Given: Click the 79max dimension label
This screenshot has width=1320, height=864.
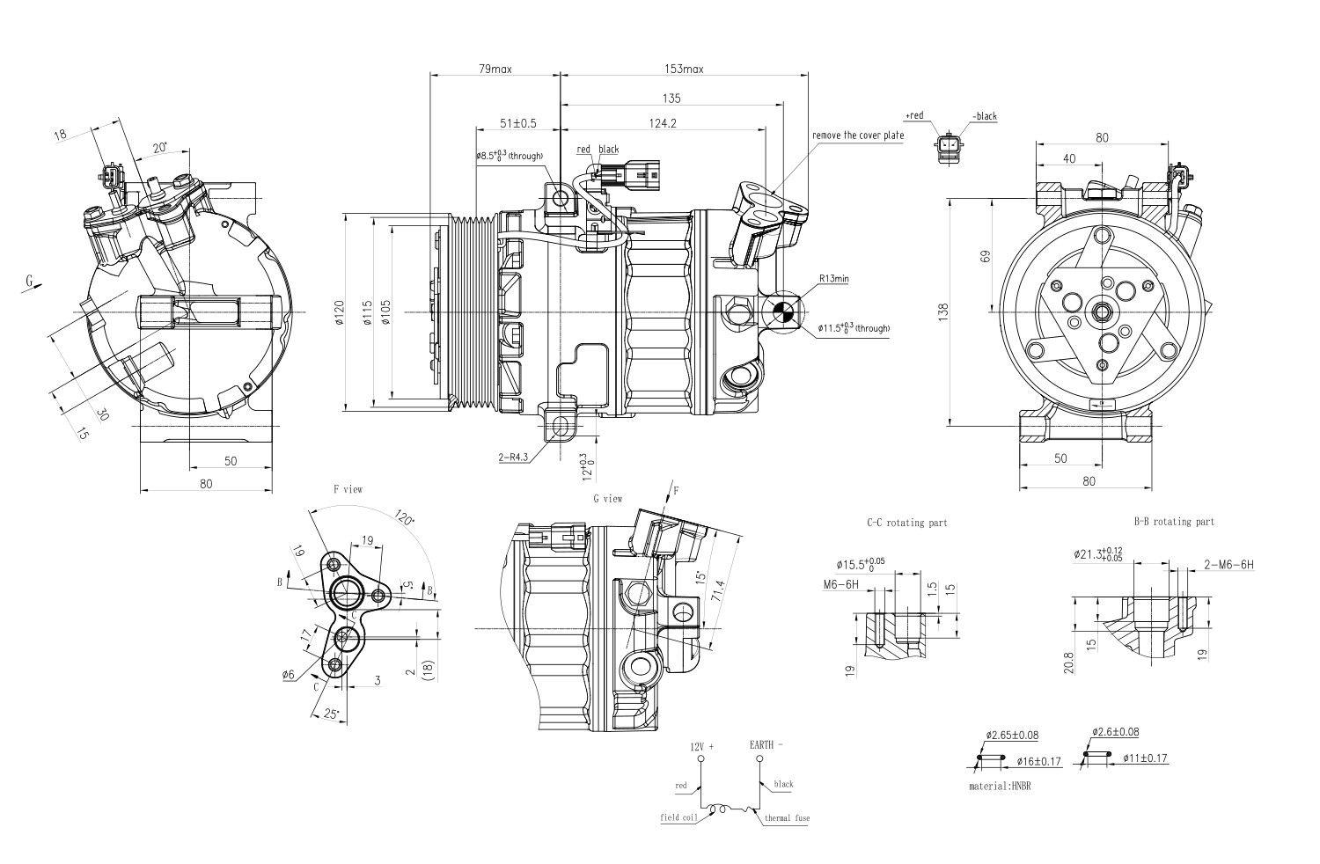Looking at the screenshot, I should (x=495, y=69).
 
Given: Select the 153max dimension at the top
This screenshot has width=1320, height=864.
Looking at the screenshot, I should (x=682, y=69).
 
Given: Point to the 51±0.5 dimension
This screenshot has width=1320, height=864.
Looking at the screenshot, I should (x=517, y=123).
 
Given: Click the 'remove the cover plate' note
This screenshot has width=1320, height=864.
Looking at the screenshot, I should (x=857, y=136).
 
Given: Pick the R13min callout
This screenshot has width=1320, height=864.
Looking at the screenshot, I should (x=833, y=279).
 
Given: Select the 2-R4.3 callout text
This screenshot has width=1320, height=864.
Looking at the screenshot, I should (x=513, y=458).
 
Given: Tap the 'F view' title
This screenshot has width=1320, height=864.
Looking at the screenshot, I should (x=347, y=488).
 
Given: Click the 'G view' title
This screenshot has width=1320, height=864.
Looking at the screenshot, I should (x=607, y=499).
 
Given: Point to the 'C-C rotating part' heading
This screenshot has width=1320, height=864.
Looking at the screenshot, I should (x=906, y=523).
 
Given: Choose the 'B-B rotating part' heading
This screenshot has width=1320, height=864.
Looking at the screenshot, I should (x=1174, y=522).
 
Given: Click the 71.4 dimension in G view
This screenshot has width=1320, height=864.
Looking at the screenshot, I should (x=718, y=592).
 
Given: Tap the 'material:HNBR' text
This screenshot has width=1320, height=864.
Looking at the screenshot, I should (x=999, y=786).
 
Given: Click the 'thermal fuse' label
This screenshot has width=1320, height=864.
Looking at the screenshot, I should (x=786, y=818).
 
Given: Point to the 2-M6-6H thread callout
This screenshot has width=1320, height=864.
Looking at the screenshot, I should (x=1228, y=565).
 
